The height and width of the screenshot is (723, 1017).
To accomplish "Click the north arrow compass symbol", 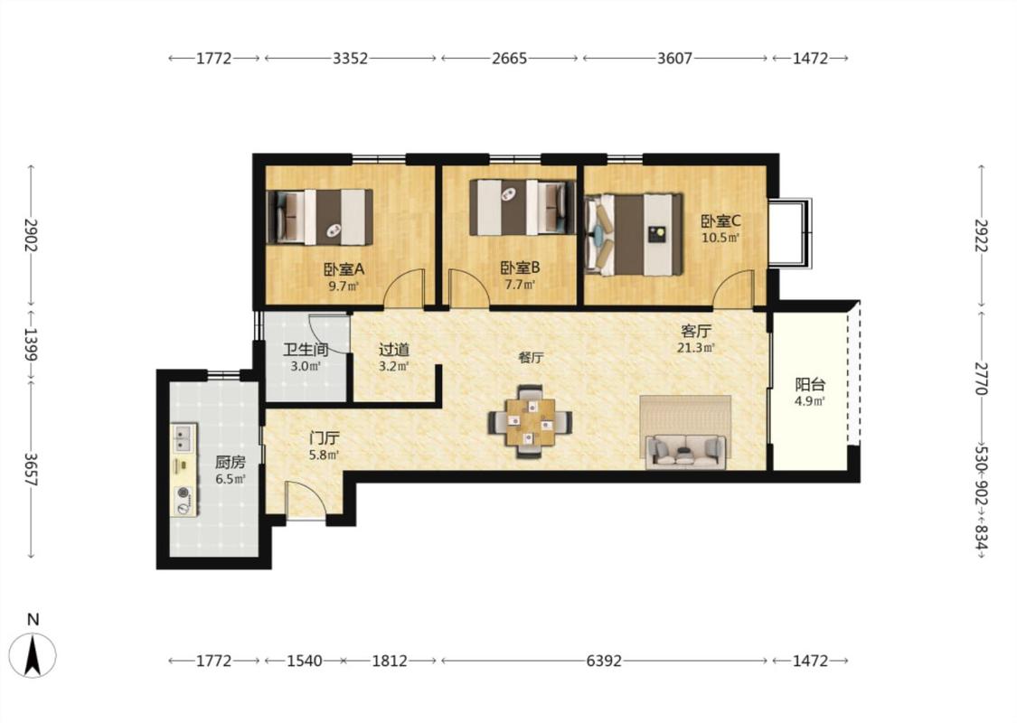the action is tap(33, 654).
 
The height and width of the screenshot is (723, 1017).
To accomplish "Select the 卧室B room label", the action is tap(520, 268).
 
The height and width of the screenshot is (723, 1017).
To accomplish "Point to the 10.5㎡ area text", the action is tap(720, 238).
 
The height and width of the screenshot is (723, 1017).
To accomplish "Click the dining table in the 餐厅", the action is tap(531, 421).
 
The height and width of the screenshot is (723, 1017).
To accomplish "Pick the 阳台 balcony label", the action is tap(810, 384).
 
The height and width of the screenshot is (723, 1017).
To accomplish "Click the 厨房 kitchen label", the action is tap(231, 463).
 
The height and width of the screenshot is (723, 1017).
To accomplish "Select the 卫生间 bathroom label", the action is tap(306, 350).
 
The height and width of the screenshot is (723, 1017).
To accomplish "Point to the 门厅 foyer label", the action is tap(325, 438).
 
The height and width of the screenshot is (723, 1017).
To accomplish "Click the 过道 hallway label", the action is tap(394, 350).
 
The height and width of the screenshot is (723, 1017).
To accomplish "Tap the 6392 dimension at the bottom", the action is tap(604, 661).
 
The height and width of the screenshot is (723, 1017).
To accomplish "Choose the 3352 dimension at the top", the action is tap(350, 59).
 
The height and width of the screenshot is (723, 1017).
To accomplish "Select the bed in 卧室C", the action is tap(634, 234).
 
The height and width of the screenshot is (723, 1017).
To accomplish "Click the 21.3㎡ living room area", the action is tap(696, 348).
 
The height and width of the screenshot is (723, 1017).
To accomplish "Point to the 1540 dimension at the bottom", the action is tap(304, 661).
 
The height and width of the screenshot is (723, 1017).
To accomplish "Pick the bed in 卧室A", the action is tap(319, 217).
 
